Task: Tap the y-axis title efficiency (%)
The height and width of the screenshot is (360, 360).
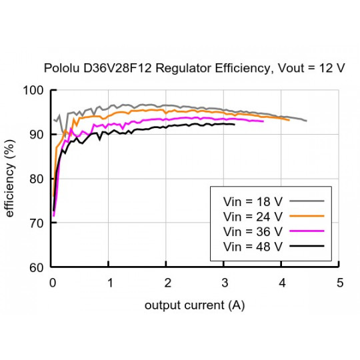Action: (x=10, y=179)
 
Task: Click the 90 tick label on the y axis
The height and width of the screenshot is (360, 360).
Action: (x=37, y=135)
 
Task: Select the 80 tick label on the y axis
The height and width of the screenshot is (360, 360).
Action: (x=37, y=179)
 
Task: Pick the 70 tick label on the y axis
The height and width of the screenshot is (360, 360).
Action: (x=37, y=223)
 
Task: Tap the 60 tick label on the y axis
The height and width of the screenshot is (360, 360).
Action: (x=37, y=267)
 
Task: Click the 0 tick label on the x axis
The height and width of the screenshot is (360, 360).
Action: (x=53, y=283)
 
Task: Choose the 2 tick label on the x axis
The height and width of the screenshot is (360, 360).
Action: (x=167, y=283)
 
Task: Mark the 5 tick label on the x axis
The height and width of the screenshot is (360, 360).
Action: (x=340, y=283)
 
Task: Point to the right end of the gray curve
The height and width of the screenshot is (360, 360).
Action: (x=307, y=121)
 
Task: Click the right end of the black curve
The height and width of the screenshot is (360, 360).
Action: (x=235, y=124)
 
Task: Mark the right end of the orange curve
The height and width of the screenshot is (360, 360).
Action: (x=289, y=120)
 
